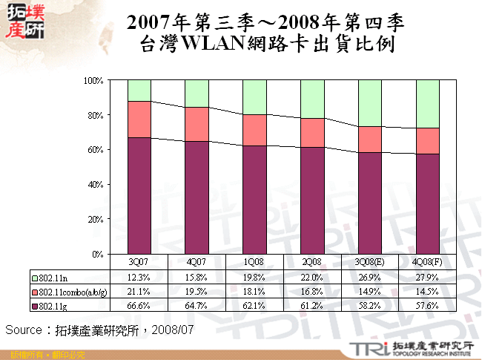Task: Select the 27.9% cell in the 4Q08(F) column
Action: [427, 277]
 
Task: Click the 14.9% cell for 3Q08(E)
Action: [369, 291]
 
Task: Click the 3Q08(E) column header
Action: [369, 263]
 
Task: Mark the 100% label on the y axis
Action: [91, 80]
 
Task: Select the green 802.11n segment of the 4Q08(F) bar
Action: [427, 104]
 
